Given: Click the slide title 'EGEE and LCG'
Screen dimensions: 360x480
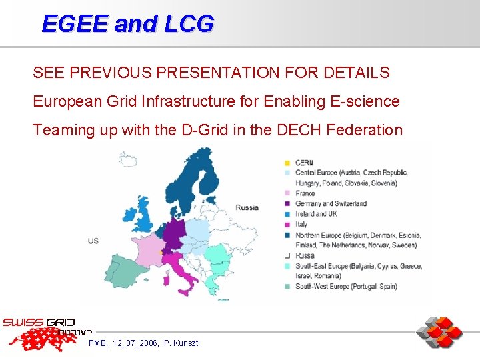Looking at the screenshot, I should (128, 23).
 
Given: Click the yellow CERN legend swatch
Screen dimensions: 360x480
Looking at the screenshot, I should (287, 163).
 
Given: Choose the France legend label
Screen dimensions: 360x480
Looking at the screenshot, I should (305, 193).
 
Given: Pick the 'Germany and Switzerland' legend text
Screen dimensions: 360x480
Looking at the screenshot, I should (331, 203).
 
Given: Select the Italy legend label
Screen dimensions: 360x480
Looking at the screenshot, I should (302, 224).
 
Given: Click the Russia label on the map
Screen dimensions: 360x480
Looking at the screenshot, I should (247, 207).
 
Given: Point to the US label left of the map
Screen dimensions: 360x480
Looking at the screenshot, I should (93, 240).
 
